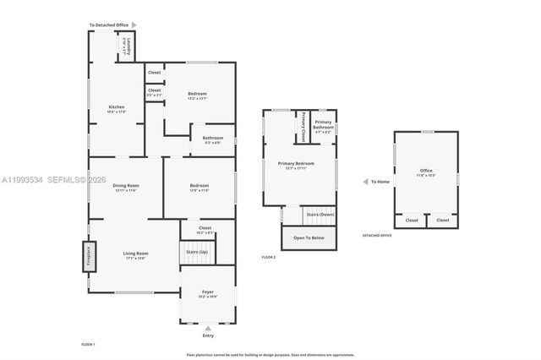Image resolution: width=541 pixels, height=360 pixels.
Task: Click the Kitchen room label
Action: pyautogui.click(x=117, y=106)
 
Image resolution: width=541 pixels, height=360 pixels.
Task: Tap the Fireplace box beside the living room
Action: pyautogui.click(x=89, y=258)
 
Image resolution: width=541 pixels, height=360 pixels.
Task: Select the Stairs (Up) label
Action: pyautogui.click(x=196, y=251)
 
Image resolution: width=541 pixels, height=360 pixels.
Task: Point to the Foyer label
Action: pyautogui.click(x=208, y=292)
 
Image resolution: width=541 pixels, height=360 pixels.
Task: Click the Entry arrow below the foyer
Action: pyautogui.click(x=208, y=328)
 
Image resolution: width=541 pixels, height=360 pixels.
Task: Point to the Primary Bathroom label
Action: pyautogui.click(x=324, y=124)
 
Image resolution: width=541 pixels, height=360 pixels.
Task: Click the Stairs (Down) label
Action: pyautogui.click(x=320, y=215)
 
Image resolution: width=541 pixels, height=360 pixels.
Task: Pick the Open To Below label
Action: pyautogui.click(x=309, y=238)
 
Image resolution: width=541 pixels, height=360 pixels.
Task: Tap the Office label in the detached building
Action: pyautogui.click(x=426, y=171)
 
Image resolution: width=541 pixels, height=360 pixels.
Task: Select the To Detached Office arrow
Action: pyautogui.click(x=133, y=25)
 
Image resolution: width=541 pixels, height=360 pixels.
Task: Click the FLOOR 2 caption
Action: pyautogui.click(x=270, y=256)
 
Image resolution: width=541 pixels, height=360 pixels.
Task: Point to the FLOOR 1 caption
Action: pyautogui.click(x=89, y=345)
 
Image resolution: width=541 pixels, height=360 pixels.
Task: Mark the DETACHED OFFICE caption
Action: pyautogui.click(x=377, y=236)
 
